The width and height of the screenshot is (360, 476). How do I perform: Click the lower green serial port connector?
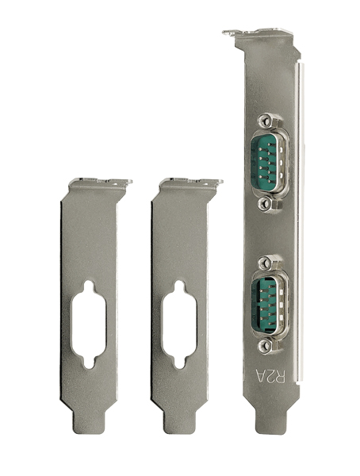(270, 304)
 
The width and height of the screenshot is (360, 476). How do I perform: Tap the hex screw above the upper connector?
(266, 121)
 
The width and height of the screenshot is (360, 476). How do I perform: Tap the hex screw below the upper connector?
(266, 204)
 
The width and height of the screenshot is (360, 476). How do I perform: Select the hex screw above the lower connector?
(266, 262)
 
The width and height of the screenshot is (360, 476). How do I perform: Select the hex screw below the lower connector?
(266, 345)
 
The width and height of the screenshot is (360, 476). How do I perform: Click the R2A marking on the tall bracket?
(270, 377)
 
